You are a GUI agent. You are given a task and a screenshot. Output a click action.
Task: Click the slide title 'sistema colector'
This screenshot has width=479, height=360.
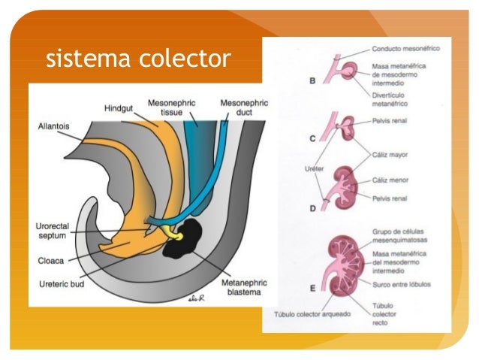pos(137,58)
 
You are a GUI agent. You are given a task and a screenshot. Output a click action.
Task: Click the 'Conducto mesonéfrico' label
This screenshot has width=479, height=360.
pos(405,48)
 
